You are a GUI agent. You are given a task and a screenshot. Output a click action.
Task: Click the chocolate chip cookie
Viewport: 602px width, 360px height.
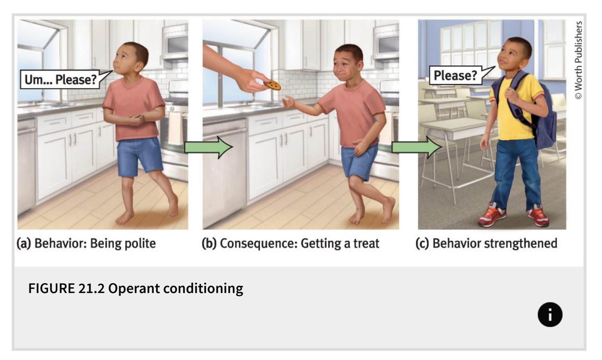coord(272,84)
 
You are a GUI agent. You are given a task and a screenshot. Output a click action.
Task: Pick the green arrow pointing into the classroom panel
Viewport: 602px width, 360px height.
coord(417,147)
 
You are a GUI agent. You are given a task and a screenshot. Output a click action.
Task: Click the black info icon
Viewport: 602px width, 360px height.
coord(550,315)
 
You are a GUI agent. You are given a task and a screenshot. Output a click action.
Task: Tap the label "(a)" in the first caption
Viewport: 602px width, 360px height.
coord(24,243)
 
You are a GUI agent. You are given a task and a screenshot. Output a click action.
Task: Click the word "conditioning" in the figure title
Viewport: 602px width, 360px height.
coord(203,289)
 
